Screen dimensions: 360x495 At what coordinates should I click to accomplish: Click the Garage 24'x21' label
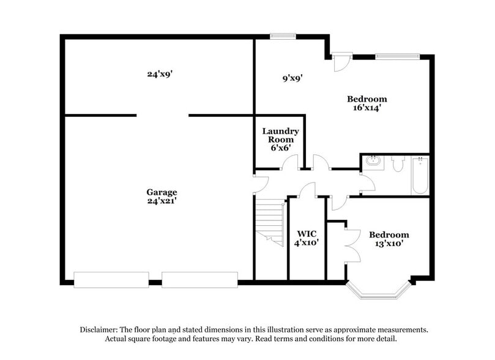(162, 196)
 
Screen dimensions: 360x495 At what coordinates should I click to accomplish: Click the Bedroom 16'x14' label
(367, 103)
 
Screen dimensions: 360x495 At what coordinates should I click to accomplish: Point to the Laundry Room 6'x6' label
(280, 139)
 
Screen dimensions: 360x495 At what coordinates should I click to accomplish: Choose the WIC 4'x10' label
(307, 238)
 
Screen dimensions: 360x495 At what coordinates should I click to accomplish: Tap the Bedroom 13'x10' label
(389, 239)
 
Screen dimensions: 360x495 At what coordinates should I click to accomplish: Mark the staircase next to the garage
(269, 222)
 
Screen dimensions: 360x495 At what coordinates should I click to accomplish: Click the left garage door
(111, 280)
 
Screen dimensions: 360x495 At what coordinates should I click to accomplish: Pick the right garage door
(199, 280)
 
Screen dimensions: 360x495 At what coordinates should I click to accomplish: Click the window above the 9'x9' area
(283, 36)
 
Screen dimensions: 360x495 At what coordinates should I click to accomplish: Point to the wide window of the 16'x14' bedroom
(397, 56)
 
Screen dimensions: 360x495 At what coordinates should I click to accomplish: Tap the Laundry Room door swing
(291, 162)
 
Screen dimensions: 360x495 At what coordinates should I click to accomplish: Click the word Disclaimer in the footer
(99, 329)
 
